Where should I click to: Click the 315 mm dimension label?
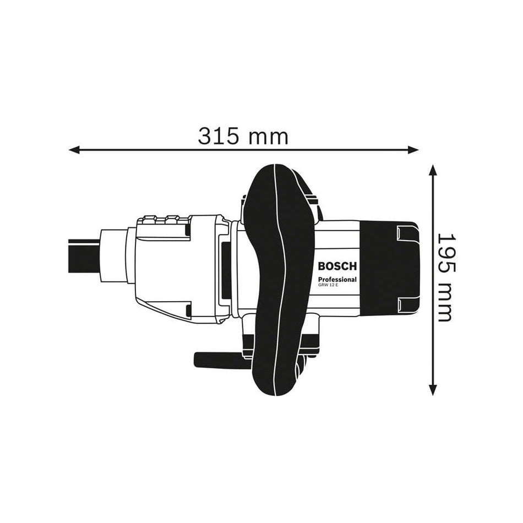pos(243,136)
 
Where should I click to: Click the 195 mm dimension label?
pos(446,277)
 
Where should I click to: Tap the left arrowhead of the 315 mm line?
pos(74,150)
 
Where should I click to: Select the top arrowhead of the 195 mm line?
pos(433,170)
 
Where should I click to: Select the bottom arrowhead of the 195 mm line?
pos(433,390)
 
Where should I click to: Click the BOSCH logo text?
pos(337,266)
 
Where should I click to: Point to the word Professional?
pos(337,280)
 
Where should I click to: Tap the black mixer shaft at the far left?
pos(84,256)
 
